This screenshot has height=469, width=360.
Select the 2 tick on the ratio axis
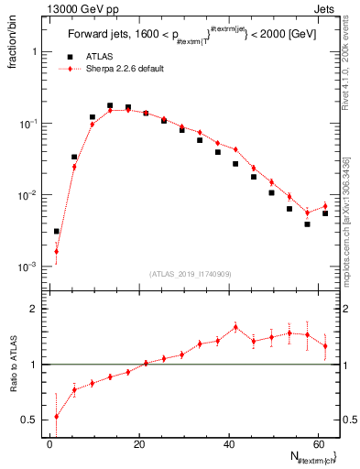(32, 309)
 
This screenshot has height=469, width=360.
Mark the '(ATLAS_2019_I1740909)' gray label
(190, 273)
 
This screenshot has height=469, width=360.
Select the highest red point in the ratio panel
(235, 327)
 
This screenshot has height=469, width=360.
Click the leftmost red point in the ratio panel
(57, 417)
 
